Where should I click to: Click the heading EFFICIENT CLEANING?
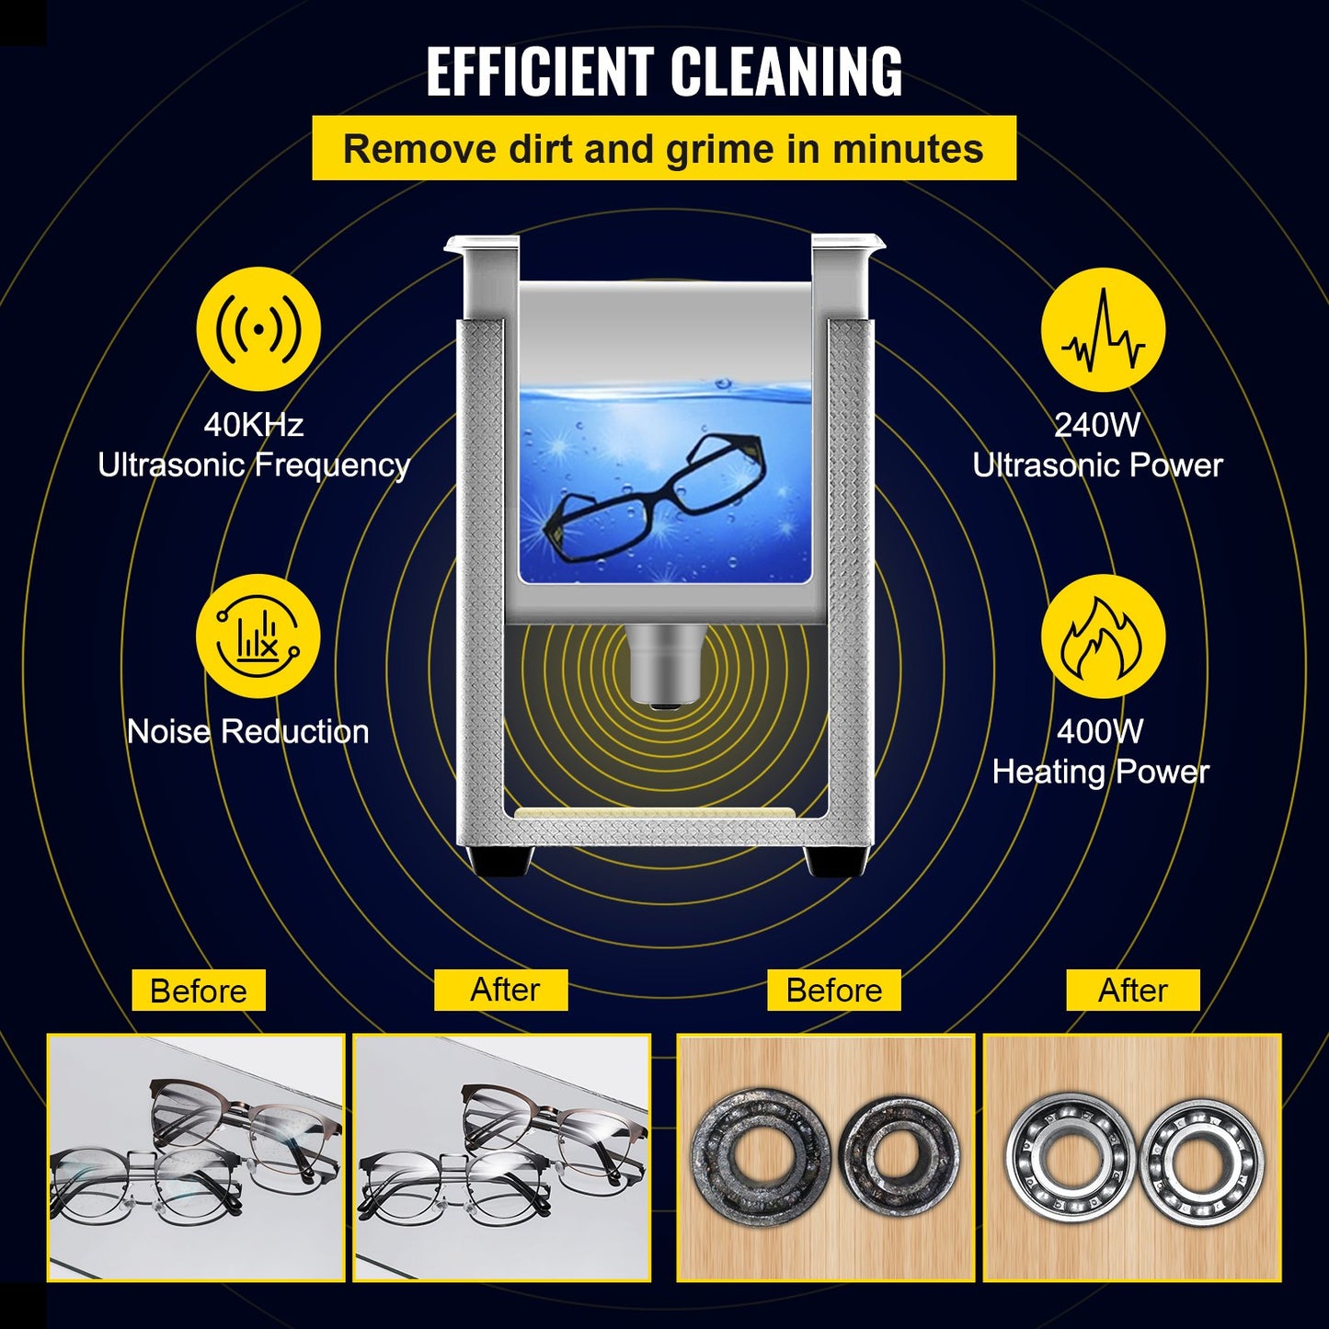click(x=664, y=72)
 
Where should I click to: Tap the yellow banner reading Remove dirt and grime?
click(x=663, y=148)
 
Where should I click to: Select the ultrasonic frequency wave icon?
click(x=258, y=329)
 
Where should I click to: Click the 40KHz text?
click(x=253, y=425)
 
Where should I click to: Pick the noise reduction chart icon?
click(x=258, y=636)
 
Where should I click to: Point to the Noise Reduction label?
click(x=248, y=732)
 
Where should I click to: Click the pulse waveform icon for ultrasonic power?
click(x=1103, y=329)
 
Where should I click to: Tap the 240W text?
click(x=1097, y=425)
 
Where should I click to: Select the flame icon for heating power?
click(x=1103, y=636)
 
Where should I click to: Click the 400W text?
click(x=1100, y=732)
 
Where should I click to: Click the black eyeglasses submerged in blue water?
click(x=656, y=497)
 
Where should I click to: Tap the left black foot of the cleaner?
click(x=501, y=861)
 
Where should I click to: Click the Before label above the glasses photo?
click(x=199, y=991)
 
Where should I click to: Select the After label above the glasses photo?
click(x=505, y=990)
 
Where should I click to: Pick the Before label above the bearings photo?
click(x=834, y=991)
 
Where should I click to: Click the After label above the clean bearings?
click(x=1133, y=991)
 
